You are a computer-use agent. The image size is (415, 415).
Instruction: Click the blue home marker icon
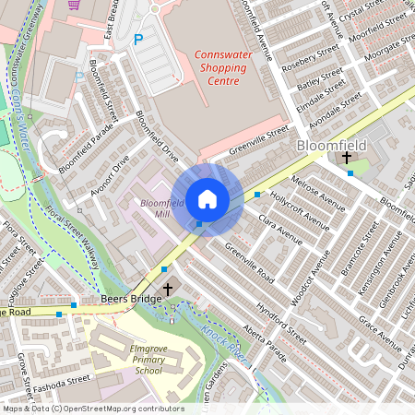[x=207, y=199]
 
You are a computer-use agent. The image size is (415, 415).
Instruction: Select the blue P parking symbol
[x=139, y=40]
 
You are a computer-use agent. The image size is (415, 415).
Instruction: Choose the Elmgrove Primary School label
[x=135, y=360]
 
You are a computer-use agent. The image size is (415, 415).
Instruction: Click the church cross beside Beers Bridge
[x=167, y=290]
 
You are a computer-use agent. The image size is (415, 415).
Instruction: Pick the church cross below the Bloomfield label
[x=347, y=159]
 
